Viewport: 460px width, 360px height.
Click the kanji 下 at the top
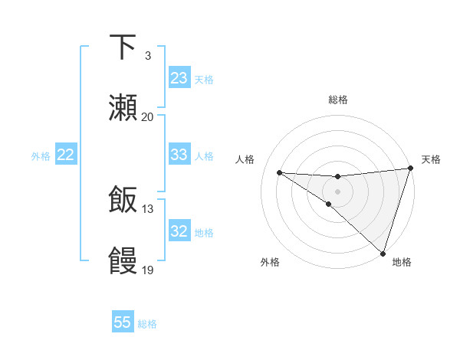click(123, 47)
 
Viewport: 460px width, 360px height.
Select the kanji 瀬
click(123, 107)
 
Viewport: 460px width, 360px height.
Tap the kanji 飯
click(123, 201)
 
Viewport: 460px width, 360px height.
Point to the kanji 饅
click(123, 260)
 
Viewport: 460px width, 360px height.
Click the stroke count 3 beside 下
click(147, 56)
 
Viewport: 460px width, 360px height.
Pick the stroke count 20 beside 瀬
click(147, 116)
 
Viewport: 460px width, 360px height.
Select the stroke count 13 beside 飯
click(147, 209)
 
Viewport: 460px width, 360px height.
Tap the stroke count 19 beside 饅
click(147, 270)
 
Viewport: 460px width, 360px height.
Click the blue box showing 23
click(179, 78)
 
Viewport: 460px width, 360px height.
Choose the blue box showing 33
click(179, 155)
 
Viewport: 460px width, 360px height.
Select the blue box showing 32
click(179, 231)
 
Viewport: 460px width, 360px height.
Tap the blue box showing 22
click(66, 155)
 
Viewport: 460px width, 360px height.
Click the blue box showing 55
click(123, 322)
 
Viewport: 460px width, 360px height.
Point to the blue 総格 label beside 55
click(147, 324)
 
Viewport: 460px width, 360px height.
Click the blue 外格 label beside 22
click(41, 156)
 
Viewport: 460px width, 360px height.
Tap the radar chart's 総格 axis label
click(337, 100)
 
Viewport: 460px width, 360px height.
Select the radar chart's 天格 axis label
click(431, 159)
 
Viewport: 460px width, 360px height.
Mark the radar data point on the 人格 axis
click(279, 172)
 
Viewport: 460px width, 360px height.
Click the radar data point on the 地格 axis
click(383, 253)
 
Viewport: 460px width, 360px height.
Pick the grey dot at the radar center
click(337, 191)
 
